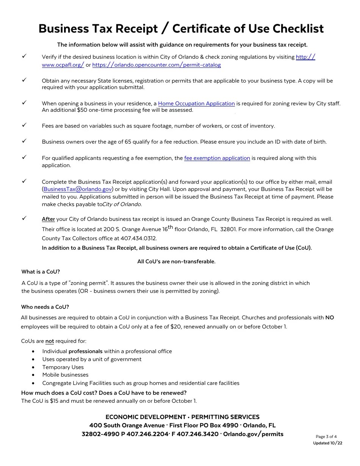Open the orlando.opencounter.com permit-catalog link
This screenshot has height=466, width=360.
tap(157, 65)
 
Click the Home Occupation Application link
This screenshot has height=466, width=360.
tap(196, 103)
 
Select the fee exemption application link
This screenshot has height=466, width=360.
tap(217, 158)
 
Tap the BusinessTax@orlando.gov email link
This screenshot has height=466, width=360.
tap(78, 189)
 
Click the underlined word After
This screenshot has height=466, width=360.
tap(48, 219)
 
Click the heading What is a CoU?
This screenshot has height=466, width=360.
tap(41, 272)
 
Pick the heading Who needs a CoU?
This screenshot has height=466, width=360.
tap(45, 307)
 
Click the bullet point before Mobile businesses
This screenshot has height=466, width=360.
tap(34, 375)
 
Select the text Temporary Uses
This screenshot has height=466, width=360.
tap(63, 367)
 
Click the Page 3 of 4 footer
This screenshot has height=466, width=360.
tap(326, 436)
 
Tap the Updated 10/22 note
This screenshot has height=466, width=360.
tap(327, 443)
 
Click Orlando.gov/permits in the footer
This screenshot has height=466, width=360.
tap(253, 434)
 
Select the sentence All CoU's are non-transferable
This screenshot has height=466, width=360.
tap(176, 261)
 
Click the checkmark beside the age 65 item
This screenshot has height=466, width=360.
tap(24, 141)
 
